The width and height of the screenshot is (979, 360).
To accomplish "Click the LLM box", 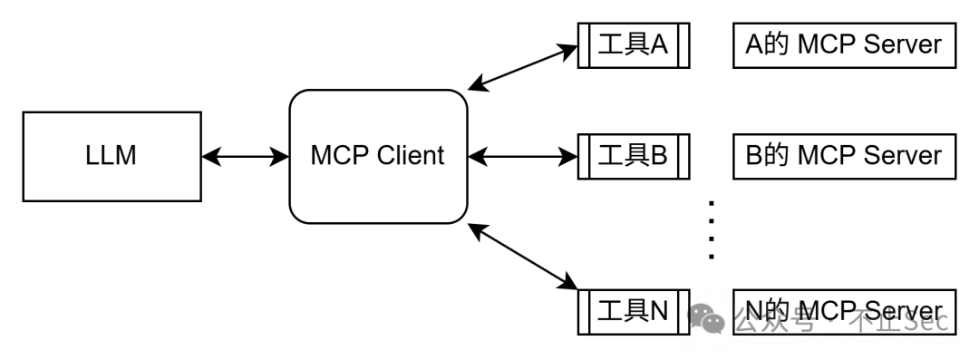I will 111,156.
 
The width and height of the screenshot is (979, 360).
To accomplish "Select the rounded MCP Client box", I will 377,156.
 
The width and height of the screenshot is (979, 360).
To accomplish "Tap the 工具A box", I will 633,45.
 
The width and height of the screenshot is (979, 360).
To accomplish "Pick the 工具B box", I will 633,156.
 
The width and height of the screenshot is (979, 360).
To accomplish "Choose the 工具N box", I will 633,312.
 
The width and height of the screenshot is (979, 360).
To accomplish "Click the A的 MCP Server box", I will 843,45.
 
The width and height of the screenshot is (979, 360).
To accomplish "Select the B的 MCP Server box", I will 843,156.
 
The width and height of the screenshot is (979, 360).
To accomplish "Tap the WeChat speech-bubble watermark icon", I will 706,318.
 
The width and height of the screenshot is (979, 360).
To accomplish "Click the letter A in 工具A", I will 659,45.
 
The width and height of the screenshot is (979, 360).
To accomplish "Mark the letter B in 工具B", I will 659,156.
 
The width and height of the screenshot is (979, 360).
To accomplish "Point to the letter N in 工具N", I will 659,312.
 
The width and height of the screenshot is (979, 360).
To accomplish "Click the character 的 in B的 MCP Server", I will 776,156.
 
